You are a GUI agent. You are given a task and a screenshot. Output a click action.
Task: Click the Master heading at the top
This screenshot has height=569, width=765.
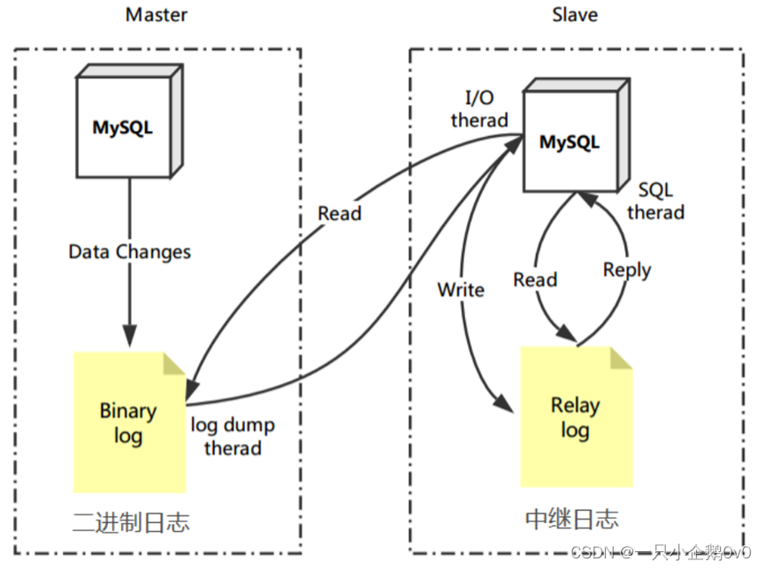[157, 15]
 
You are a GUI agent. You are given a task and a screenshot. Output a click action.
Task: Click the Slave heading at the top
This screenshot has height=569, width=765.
[575, 15]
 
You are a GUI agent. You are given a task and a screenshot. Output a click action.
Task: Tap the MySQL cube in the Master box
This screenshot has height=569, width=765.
[129, 121]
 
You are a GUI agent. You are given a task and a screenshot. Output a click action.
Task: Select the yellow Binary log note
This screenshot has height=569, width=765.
[129, 422]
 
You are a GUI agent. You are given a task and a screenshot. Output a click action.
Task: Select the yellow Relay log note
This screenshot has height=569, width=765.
[577, 417]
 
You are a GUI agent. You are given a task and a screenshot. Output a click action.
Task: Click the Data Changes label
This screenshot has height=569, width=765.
[129, 252]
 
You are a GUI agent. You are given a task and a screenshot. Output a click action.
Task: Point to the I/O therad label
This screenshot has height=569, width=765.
[479, 109]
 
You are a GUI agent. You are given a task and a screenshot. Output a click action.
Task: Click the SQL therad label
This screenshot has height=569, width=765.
[655, 201]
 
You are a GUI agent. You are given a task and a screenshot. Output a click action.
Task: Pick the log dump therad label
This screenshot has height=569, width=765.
[233, 436]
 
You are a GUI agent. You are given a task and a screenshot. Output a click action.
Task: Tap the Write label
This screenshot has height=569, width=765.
[461, 290]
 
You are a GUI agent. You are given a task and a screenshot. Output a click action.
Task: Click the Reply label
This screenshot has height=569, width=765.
[627, 270]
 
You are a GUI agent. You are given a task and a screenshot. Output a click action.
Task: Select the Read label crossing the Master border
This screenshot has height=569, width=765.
[340, 213]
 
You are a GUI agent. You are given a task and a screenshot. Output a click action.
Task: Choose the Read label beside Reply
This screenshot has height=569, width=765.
[535, 280]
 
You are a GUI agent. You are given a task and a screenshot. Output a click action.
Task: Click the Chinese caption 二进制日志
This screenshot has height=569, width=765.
[131, 522]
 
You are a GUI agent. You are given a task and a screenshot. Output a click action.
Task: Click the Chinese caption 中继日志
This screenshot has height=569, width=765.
[572, 519]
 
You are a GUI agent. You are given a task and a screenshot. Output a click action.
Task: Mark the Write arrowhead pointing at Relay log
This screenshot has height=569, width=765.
[504, 403]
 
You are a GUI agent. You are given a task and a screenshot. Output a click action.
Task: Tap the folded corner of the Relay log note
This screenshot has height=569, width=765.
[621, 359]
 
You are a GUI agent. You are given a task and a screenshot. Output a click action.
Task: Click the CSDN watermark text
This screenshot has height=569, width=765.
[661, 552]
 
